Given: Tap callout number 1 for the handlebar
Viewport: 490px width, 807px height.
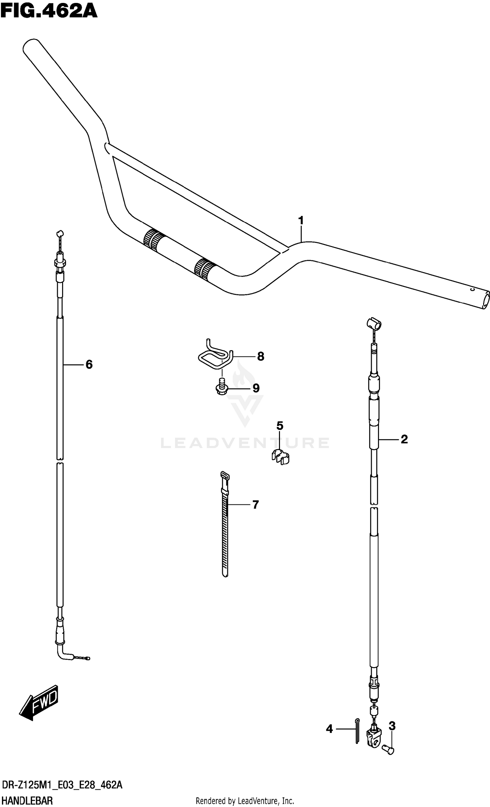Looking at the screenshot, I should (301, 221).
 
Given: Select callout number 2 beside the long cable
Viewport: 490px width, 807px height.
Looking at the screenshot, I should (404, 439).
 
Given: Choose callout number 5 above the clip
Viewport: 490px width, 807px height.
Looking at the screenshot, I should (279, 426).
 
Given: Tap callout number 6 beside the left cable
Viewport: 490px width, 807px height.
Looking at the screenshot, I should (89, 364).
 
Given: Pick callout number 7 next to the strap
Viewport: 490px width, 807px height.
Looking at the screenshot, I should (255, 504).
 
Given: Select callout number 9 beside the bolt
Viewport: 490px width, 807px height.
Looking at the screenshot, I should (256, 388).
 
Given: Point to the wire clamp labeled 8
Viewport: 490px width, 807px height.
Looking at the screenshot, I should (215, 356).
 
